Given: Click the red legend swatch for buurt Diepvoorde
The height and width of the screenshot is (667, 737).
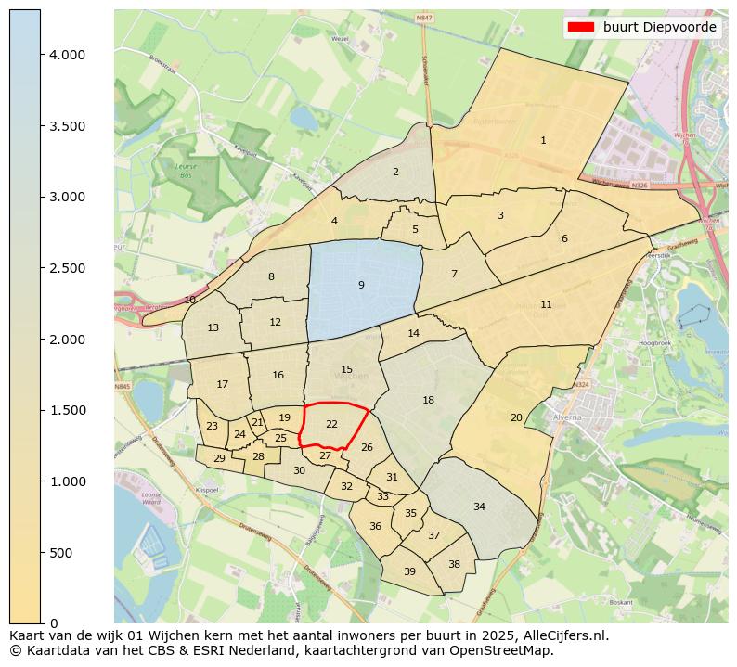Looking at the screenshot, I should tap(581, 27).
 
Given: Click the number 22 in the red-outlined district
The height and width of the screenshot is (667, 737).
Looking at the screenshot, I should tap(331, 424).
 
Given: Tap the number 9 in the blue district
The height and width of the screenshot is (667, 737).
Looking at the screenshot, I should tap(361, 285).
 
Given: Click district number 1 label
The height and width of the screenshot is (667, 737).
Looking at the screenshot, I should tap(543, 141).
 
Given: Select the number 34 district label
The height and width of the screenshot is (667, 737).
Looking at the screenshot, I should tap(479, 507).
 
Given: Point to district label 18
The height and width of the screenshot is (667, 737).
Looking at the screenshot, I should tap(428, 400).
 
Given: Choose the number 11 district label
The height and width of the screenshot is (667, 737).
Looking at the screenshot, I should tap(546, 304).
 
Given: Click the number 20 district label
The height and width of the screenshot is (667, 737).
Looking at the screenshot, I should tap(516, 417).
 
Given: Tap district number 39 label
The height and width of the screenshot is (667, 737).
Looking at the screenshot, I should tap(409, 571).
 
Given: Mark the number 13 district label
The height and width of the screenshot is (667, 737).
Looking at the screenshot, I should tap(213, 327).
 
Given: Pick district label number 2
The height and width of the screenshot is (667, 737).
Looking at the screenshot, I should tap(395, 172).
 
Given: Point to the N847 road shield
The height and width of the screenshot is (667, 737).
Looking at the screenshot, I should tap(424, 18).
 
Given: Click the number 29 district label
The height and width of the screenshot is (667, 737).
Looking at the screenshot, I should tap(219, 458).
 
